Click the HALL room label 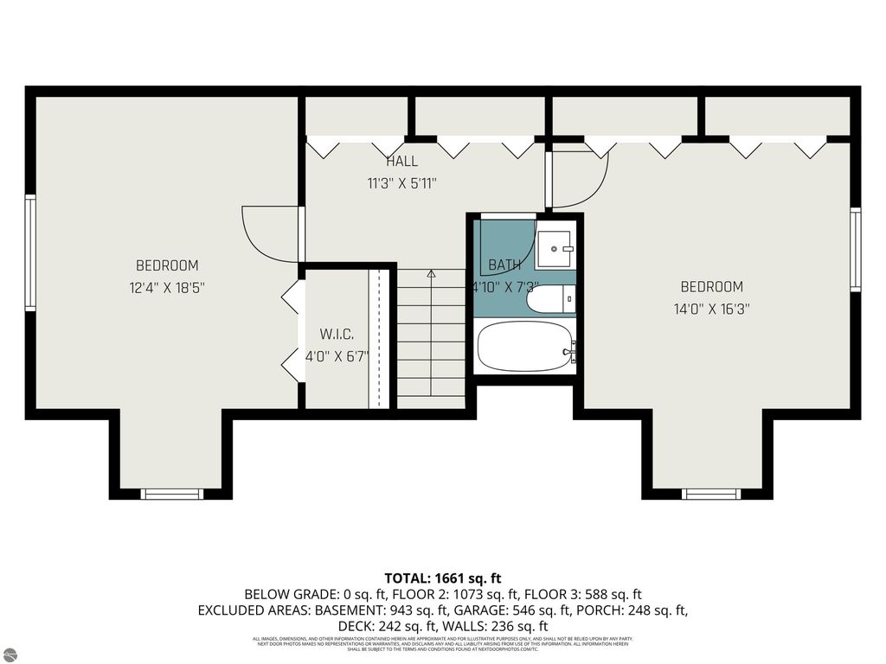[401, 161]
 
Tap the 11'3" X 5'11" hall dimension [401, 182]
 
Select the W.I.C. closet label [337, 334]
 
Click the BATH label [504, 265]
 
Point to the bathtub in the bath [523, 347]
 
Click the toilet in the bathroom [551, 299]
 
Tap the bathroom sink [554, 249]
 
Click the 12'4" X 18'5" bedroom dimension [167, 287]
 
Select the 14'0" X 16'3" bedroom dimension [711, 308]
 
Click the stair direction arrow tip [430, 271]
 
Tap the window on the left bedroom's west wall [30, 252]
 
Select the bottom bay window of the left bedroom [171, 494]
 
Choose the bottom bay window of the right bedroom [711, 494]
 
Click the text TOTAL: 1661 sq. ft [442, 578]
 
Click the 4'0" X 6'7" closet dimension [337, 355]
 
